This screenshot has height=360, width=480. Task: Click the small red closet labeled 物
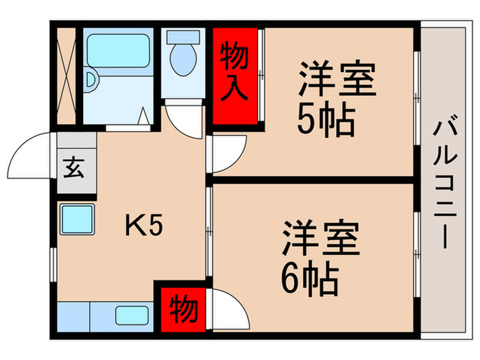[183, 309]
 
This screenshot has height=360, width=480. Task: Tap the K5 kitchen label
[144, 226]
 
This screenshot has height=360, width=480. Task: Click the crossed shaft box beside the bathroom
[67, 76]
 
